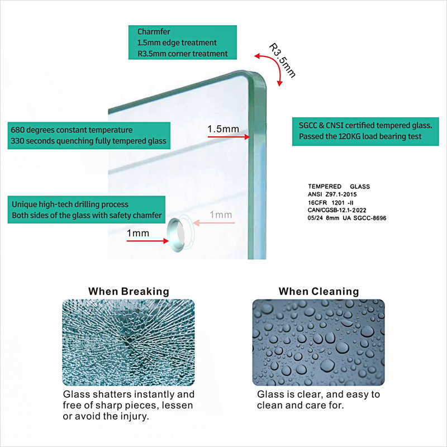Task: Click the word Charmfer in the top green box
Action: click(x=154, y=32)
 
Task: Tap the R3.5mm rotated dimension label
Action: click(x=282, y=60)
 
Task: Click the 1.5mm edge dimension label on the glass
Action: click(x=223, y=129)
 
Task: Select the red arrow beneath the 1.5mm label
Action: click(x=229, y=137)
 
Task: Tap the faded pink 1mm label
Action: click(x=221, y=215)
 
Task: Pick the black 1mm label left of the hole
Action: click(x=137, y=233)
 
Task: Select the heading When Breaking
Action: click(x=129, y=291)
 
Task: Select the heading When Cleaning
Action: click(x=318, y=291)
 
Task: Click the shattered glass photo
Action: click(x=129, y=343)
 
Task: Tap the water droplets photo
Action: click(x=318, y=343)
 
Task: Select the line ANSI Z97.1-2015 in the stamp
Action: click(x=332, y=194)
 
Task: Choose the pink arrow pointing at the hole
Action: click(x=214, y=222)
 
